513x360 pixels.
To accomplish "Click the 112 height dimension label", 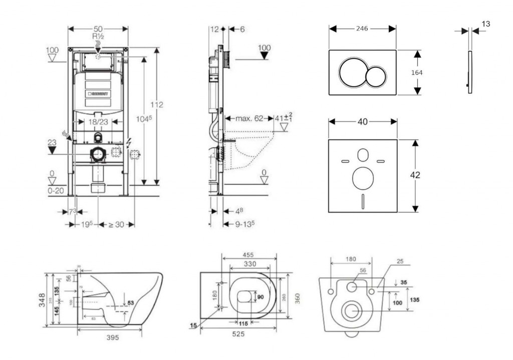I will [157, 105].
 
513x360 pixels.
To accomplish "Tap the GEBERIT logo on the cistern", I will [99, 93].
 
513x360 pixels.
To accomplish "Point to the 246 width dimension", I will [362, 29].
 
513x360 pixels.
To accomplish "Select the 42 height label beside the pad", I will [415, 175].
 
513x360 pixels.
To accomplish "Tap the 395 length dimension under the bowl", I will [113, 337].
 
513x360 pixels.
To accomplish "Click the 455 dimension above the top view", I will [248, 255].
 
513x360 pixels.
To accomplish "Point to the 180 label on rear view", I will [351, 259].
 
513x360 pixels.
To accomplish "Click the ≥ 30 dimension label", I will [116, 224].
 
